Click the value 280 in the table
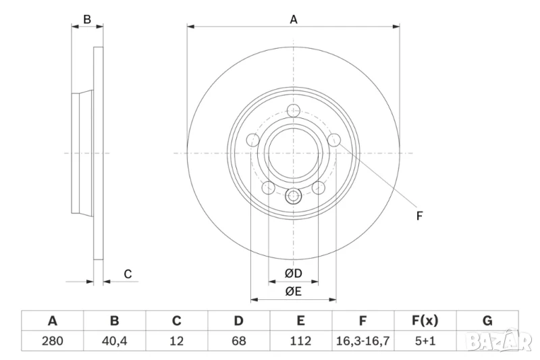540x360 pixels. tap(53, 341)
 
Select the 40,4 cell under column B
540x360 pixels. tap(115, 341)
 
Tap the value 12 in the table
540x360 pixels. tap(177, 341)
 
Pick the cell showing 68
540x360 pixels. tap(238, 341)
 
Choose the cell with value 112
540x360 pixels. tap(300, 341)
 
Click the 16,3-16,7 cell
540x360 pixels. tap(363, 341)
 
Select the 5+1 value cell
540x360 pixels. tap(425, 341)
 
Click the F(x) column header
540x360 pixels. tap(425, 321)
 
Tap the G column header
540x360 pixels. tap(487, 321)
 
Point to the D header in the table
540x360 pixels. tap(238, 321)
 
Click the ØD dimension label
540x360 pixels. tap(292, 273)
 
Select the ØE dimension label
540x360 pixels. tap(292, 292)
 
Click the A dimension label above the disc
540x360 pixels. tap(294, 20)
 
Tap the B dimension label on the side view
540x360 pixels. tap(87, 20)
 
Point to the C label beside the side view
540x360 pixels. tap(127, 274)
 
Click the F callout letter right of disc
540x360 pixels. tap(418, 216)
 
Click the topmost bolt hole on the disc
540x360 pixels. tap(294, 111)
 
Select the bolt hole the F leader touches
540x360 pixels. tap(334, 140)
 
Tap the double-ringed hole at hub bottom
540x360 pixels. tap(294, 197)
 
